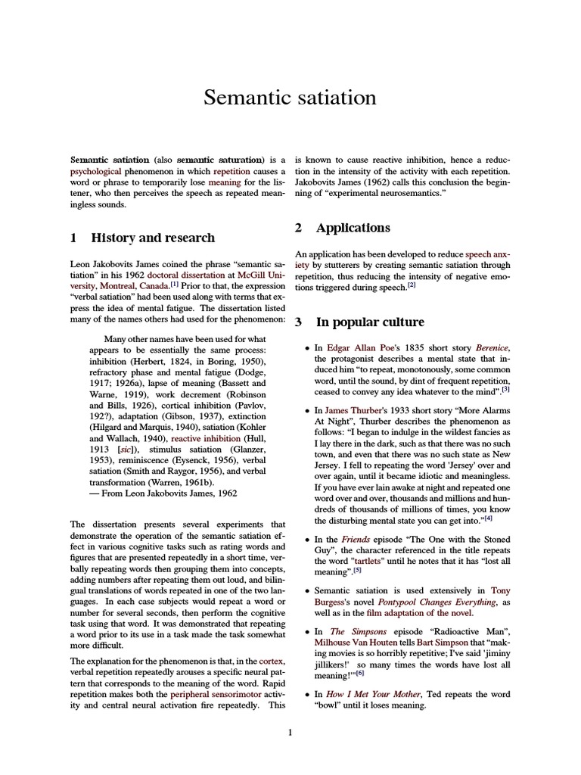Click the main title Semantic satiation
tap(290, 98)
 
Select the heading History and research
tap(152, 238)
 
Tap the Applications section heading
tap(353, 228)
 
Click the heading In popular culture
tap(369, 322)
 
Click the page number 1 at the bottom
tap(290, 733)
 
